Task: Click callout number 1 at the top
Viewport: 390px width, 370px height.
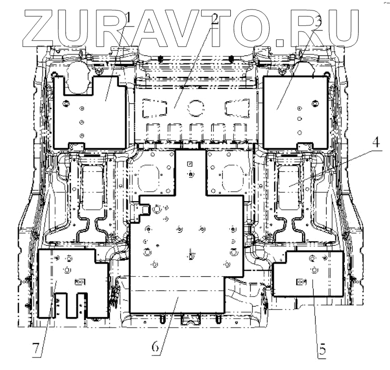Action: click(x=129, y=19)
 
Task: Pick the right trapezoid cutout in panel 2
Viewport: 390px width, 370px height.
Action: click(x=236, y=106)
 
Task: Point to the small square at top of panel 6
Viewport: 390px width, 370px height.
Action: click(x=189, y=164)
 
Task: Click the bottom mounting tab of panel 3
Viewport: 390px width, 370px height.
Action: click(x=304, y=145)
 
